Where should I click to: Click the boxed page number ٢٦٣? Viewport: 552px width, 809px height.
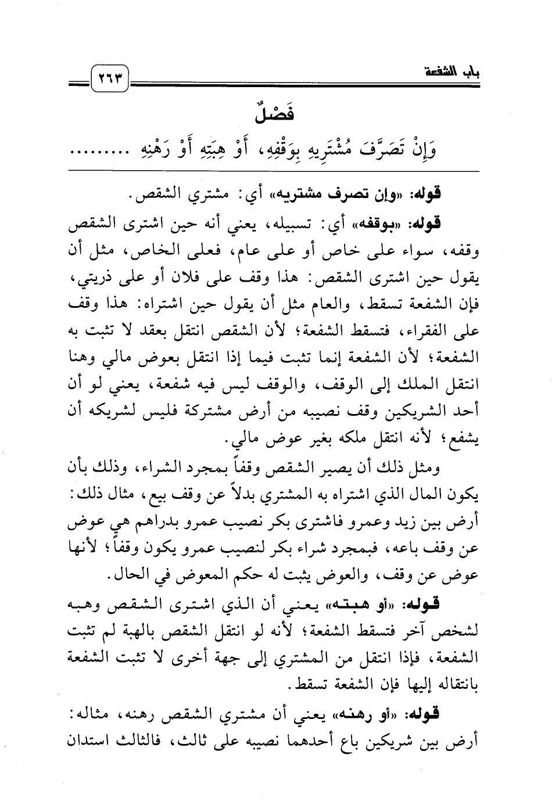click(x=110, y=77)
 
